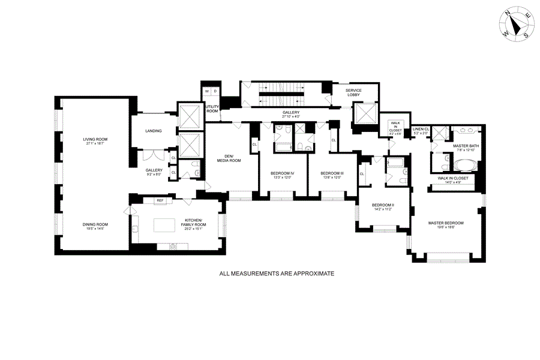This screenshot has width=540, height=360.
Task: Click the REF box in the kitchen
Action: click(160, 200)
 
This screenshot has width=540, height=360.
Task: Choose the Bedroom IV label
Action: click(282, 173)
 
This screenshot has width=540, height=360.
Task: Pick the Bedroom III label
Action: click(332, 173)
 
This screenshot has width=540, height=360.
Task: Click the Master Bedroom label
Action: click(446, 223)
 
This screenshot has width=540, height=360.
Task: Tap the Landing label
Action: click(154, 131)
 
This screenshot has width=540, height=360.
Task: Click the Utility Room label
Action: click(212, 109)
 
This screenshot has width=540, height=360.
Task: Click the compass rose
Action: click(515, 25)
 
